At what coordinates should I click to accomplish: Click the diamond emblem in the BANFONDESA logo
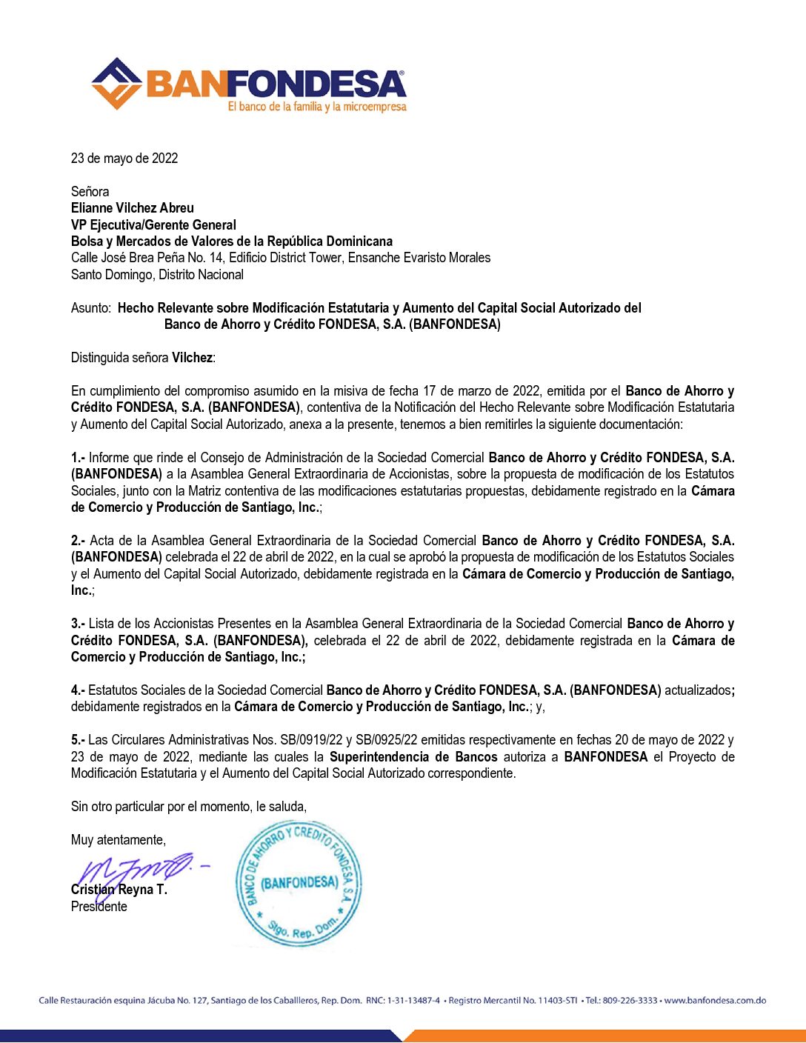click(116, 83)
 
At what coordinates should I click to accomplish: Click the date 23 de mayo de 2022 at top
click(124, 158)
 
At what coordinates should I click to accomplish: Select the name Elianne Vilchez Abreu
click(133, 208)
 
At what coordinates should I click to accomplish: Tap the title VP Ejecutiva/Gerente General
click(153, 224)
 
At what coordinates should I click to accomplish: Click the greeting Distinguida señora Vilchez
click(143, 358)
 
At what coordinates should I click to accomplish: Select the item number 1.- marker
click(78, 458)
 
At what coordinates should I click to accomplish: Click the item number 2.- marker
click(78, 541)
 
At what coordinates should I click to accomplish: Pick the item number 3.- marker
click(78, 624)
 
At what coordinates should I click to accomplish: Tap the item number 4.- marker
click(78, 690)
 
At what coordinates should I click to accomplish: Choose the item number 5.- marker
click(78, 740)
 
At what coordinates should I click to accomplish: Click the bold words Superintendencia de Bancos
click(413, 757)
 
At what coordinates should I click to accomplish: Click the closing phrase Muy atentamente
click(119, 840)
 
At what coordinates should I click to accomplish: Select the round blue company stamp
click(299, 883)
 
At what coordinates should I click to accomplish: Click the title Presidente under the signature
click(99, 907)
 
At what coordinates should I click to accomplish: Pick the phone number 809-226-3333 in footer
click(630, 1001)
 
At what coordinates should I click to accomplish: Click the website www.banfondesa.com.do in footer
click(715, 1001)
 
